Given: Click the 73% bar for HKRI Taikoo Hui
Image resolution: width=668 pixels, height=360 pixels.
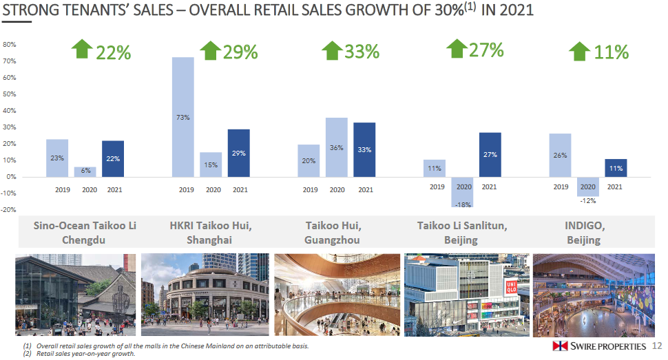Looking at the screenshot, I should click(x=182, y=116).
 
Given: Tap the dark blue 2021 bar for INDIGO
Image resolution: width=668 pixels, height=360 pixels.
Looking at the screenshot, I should click(x=616, y=168).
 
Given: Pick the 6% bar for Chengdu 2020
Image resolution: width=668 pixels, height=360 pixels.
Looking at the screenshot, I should click(x=85, y=171).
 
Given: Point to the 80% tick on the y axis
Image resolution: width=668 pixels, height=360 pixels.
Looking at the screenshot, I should click(x=10, y=45).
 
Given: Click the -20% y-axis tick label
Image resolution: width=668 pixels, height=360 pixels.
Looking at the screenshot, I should click(x=8, y=210).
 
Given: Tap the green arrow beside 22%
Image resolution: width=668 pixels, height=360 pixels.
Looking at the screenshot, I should click(x=81, y=50).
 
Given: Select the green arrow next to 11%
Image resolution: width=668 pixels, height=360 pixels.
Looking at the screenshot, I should click(x=580, y=52).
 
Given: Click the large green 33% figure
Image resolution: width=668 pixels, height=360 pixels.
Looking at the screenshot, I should click(x=362, y=52).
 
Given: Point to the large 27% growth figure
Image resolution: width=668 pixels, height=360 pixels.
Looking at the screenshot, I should click(x=486, y=50).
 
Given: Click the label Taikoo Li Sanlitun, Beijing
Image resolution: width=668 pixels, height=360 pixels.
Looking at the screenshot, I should click(x=462, y=233).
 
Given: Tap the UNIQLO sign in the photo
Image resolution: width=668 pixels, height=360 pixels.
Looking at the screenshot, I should click(x=512, y=288).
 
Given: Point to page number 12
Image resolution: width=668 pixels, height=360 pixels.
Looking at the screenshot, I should click(x=656, y=346).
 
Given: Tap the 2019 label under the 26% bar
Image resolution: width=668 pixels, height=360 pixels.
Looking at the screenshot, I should click(x=561, y=187).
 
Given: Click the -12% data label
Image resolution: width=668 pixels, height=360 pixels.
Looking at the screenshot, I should click(x=587, y=201).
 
